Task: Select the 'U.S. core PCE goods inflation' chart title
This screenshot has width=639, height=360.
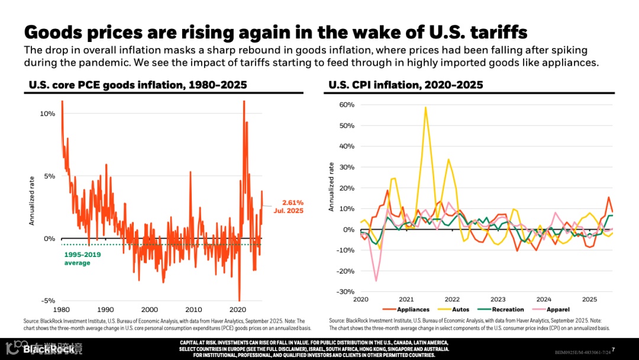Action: point(138,85)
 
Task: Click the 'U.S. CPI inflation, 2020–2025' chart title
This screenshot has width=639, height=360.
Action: point(406,85)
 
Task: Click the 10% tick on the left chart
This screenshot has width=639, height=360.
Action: point(47,113)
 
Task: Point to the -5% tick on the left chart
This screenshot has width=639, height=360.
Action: point(47,301)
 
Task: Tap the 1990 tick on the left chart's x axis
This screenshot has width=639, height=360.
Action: point(105,310)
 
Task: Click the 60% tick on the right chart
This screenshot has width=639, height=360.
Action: point(347,105)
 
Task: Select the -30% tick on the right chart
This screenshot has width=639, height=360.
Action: point(346,292)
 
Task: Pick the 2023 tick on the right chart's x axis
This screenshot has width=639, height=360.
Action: point(498,300)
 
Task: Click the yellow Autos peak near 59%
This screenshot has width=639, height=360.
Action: point(425,108)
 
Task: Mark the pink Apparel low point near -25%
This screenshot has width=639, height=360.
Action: point(376,281)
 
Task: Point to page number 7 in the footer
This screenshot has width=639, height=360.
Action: point(613,349)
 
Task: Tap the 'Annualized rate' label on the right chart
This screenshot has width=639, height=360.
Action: point(331,187)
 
